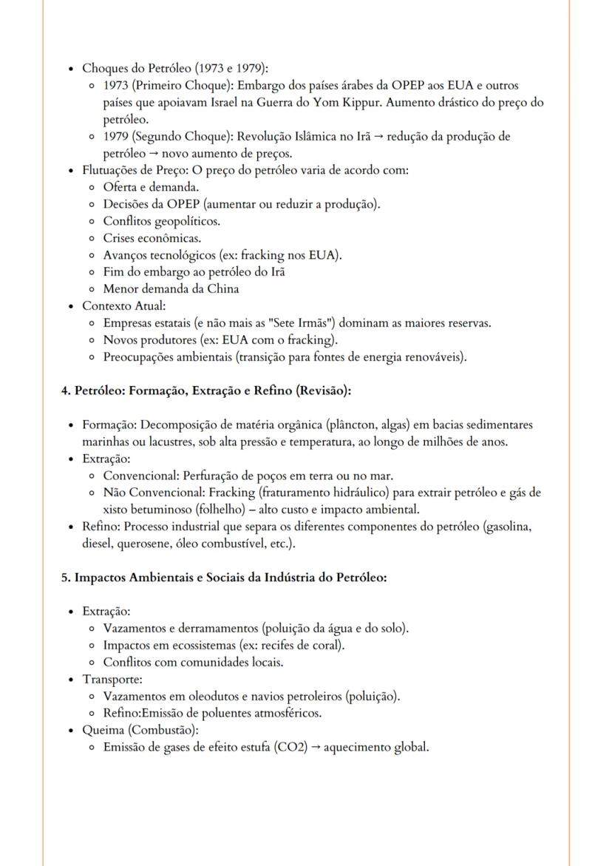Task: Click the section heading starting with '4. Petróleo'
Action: [x=208, y=390]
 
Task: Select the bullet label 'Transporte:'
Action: [x=112, y=679]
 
